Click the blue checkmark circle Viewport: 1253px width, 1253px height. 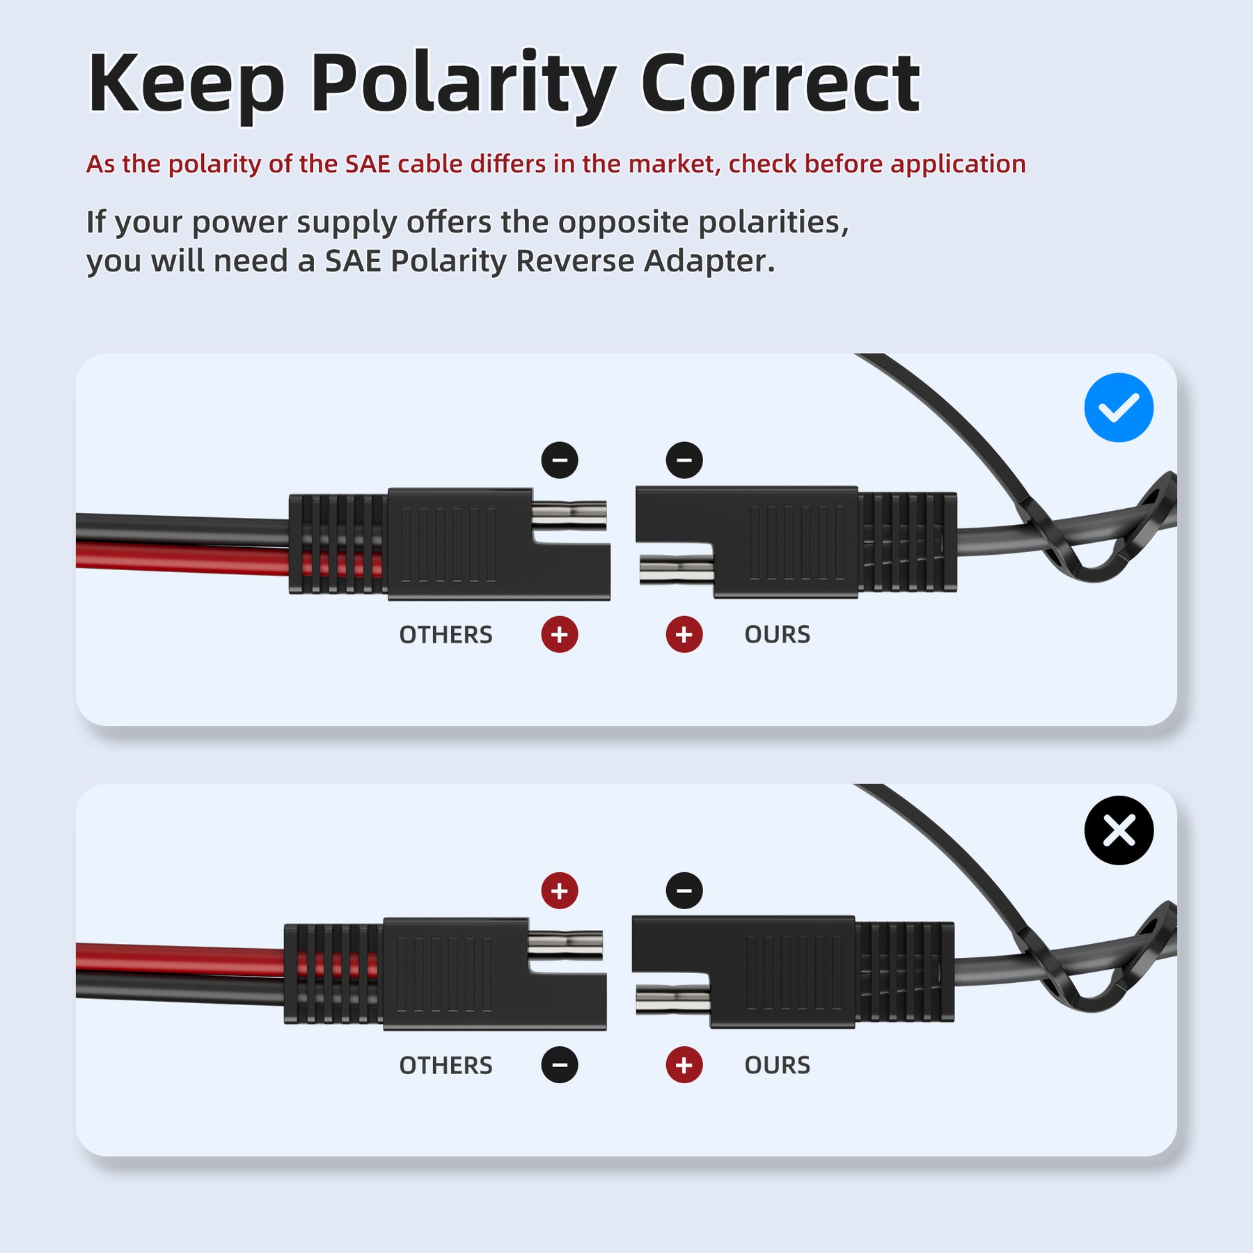click(x=1118, y=408)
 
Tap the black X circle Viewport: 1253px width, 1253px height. click(x=1118, y=830)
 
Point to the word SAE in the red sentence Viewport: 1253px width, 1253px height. click(x=368, y=164)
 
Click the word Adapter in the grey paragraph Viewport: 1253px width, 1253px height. click(x=709, y=262)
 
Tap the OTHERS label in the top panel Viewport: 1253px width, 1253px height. click(x=446, y=635)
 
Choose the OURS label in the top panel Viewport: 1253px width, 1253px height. click(x=777, y=635)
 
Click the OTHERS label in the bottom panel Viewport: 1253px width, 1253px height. click(x=446, y=1065)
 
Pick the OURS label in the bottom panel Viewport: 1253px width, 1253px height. click(x=777, y=1065)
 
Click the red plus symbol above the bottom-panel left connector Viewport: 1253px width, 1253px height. click(x=560, y=890)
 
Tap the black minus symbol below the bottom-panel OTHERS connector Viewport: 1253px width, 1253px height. click(x=560, y=1065)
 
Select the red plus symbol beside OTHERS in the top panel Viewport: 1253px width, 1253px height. click(x=560, y=634)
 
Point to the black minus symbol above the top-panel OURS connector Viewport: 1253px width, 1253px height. click(x=684, y=460)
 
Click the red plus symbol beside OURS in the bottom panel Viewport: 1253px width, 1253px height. click(x=684, y=1065)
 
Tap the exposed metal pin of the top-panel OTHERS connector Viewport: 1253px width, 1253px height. click(x=569, y=516)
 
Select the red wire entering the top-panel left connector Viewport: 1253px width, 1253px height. click(x=181, y=558)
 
